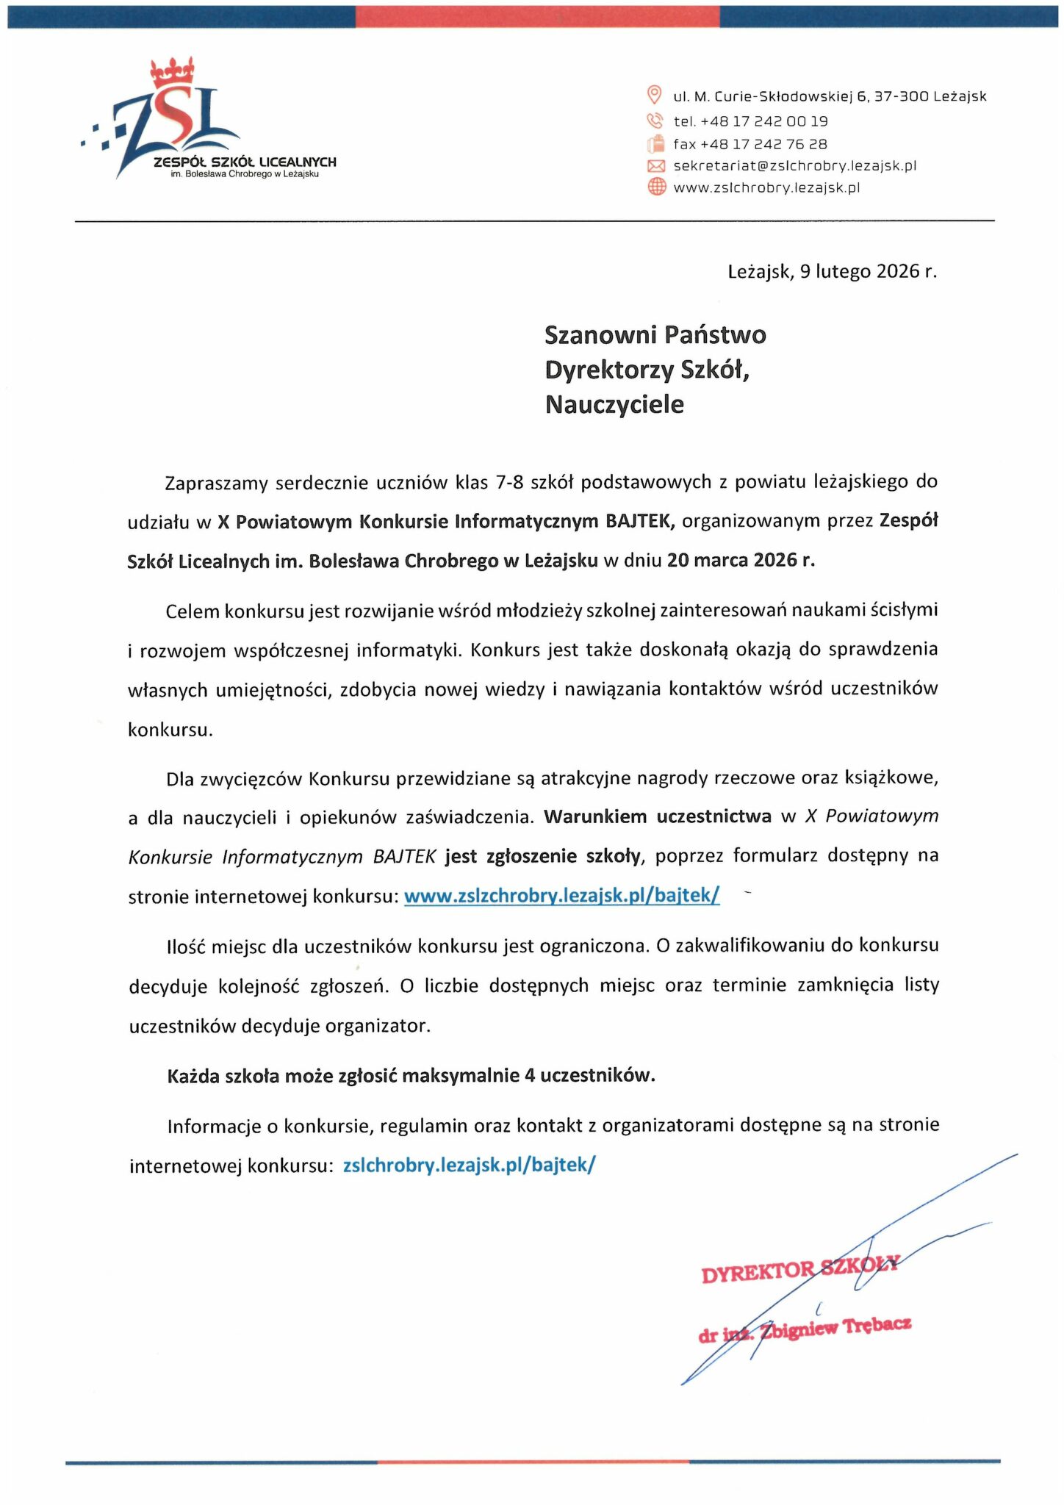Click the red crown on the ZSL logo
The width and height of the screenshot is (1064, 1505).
[172, 72]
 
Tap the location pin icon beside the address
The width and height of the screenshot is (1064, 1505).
[653, 95]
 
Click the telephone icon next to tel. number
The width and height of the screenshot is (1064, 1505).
[654, 121]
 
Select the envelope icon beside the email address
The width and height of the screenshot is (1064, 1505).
[655, 166]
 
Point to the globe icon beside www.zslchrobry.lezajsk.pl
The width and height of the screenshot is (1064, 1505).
[655, 187]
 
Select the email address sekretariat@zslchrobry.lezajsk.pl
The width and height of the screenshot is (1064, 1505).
[794, 166]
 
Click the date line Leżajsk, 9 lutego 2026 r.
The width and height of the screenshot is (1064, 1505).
[832, 272]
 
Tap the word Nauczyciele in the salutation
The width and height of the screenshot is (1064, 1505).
[614, 404]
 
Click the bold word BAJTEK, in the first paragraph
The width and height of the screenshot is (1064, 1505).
[639, 521]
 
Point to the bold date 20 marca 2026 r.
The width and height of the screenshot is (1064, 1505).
[741, 560]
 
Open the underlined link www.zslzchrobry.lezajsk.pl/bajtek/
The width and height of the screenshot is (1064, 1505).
[561, 895]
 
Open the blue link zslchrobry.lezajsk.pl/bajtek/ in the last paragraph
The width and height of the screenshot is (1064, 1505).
[469, 1165]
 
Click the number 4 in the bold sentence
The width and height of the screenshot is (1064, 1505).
[530, 1076]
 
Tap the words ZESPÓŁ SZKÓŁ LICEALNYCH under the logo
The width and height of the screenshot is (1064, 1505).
[245, 162]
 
